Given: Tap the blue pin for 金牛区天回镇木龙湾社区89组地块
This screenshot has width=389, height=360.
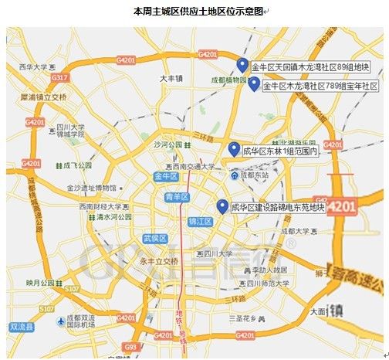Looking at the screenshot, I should (242, 65).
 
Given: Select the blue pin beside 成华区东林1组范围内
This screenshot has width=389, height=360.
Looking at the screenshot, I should (233, 149).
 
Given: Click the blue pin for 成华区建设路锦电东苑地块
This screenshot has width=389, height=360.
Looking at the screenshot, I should (222, 206).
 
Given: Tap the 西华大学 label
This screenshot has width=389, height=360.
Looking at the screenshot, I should (33, 68).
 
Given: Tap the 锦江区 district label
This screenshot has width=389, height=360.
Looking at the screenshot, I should (200, 221).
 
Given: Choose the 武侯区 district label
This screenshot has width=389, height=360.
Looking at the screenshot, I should (155, 238).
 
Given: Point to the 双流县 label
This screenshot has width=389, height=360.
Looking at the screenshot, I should (22, 327).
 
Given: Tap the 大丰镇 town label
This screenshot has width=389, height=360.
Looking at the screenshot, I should (171, 79).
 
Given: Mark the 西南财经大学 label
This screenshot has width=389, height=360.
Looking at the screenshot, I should (100, 207).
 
